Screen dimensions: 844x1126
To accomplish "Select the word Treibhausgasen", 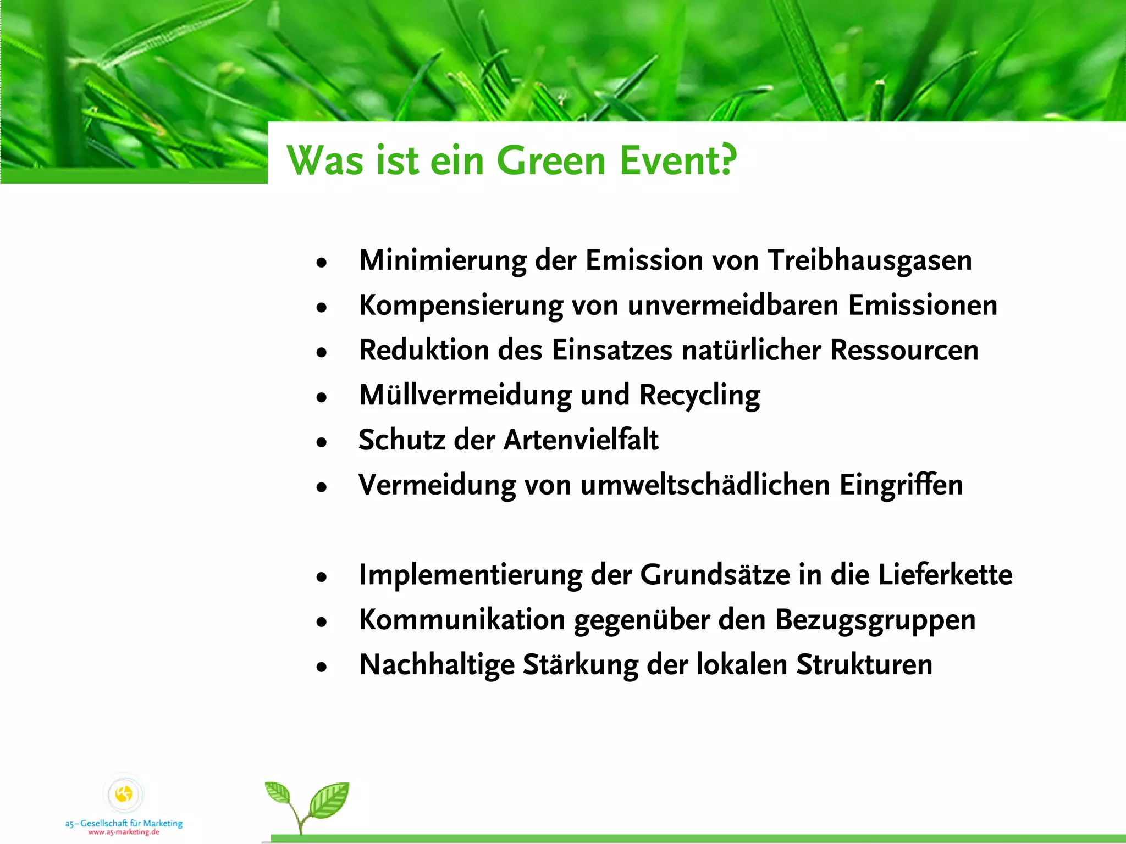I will [x=870, y=260].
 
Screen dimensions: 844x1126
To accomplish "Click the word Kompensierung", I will [x=461, y=306].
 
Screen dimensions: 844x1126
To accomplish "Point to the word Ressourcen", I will [x=904, y=350].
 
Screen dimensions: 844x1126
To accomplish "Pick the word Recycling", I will [x=699, y=396].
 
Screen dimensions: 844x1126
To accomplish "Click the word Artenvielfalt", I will [x=581, y=440].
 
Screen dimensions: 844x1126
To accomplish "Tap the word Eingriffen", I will [x=901, y=485].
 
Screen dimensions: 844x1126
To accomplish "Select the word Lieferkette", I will [x=945, y=575].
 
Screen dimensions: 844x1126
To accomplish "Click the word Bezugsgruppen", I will [x=875, y=620].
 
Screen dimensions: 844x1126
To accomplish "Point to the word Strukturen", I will [x=864, y=665].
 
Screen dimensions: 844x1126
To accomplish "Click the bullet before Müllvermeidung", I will [x=322, y=397].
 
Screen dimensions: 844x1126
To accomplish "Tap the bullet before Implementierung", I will [x=322, y=577].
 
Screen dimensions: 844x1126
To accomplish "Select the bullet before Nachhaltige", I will [x=322, y=667].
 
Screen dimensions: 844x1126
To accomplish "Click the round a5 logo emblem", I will [x=124, y=794].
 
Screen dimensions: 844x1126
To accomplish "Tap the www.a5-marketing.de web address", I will [x=124, y=832].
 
